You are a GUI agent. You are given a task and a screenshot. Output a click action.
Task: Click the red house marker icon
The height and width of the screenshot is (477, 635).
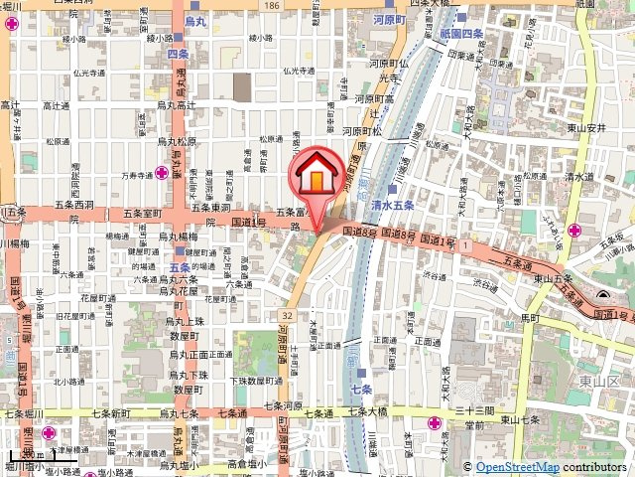point(316,177)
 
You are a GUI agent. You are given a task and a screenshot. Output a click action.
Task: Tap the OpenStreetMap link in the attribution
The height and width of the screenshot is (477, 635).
point(517,467)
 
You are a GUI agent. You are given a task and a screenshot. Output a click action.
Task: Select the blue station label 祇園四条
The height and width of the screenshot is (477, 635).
point(458,35)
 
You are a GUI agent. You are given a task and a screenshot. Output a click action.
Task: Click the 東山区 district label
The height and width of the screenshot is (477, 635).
point(599,383)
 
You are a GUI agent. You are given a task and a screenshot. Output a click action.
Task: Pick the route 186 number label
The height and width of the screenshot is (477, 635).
point(272,5)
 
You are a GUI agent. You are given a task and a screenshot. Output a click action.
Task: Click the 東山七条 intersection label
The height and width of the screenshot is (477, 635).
point(520,420)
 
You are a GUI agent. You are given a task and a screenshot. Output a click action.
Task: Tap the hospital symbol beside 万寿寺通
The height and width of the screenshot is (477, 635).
point(161,173)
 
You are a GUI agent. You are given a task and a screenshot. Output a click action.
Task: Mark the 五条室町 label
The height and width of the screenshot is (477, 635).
point(142,213)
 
